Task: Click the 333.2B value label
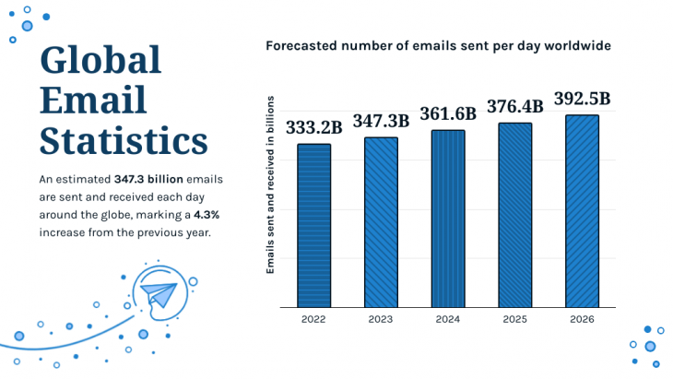coord(313,127)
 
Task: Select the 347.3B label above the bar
coord(381,121)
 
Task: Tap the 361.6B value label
coord(448,113)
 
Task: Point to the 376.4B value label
coord(515,106)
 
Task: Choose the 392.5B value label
coord(582,99)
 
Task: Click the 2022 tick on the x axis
coord(313,319)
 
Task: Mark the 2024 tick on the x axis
coord(448,319)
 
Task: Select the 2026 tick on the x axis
coord(582,319)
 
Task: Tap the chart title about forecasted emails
coord(438,45)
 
